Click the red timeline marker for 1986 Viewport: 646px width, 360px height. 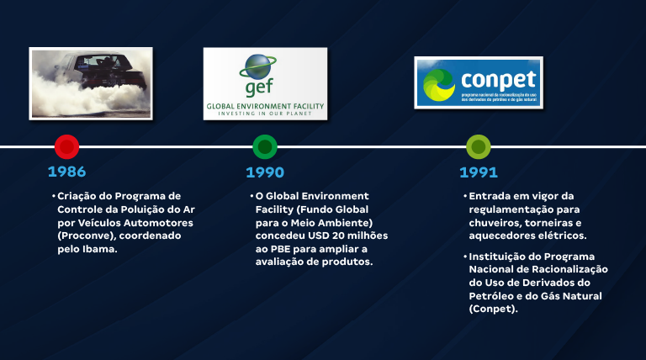click(66, 146)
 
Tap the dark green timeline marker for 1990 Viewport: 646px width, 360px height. click(265, 147)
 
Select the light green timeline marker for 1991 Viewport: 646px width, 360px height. click(479, 147)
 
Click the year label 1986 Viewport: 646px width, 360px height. click(66, 172)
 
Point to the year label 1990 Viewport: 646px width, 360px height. click(265, 172)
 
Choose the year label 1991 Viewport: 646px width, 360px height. click(479, 172)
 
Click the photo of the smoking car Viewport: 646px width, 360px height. click(91, 82)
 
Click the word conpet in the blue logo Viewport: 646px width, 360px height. click(498, 79)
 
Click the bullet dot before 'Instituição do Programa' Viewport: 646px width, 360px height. click(465, 256)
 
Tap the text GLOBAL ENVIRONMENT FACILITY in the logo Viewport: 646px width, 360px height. click(265, 107)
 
